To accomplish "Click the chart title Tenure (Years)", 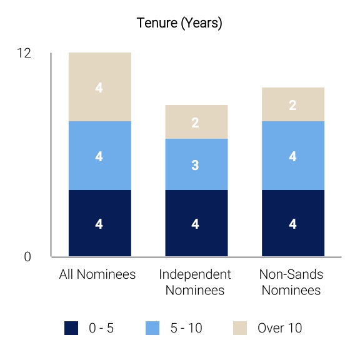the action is pos(179,23).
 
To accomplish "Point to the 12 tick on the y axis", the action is pos(24,53).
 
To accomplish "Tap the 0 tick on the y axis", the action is pos(27,257).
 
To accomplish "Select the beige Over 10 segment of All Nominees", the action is pos(100,87).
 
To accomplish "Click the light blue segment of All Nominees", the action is pos(100,156).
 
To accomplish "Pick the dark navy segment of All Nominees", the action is pos(100,223).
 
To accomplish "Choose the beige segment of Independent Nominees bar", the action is pos(196,122).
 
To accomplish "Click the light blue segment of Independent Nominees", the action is pos(196,164).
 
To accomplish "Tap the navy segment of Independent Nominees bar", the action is pos(196,223).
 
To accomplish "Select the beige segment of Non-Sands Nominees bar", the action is pos(293,104).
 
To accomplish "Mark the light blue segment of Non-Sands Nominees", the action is pos(293,156).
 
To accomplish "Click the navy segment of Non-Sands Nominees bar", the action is pos(293,223).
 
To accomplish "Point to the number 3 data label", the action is pos(195,165).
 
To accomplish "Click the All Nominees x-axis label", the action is pos(97,274).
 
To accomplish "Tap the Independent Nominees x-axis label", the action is pos(195,282).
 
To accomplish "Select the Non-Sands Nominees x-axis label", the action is pos(291,282).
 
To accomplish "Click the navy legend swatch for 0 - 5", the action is pos(71,328).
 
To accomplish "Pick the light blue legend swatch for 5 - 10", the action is pos(152,328).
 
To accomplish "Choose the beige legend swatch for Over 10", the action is pos(240,328).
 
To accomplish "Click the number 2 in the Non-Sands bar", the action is pos(292,106).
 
